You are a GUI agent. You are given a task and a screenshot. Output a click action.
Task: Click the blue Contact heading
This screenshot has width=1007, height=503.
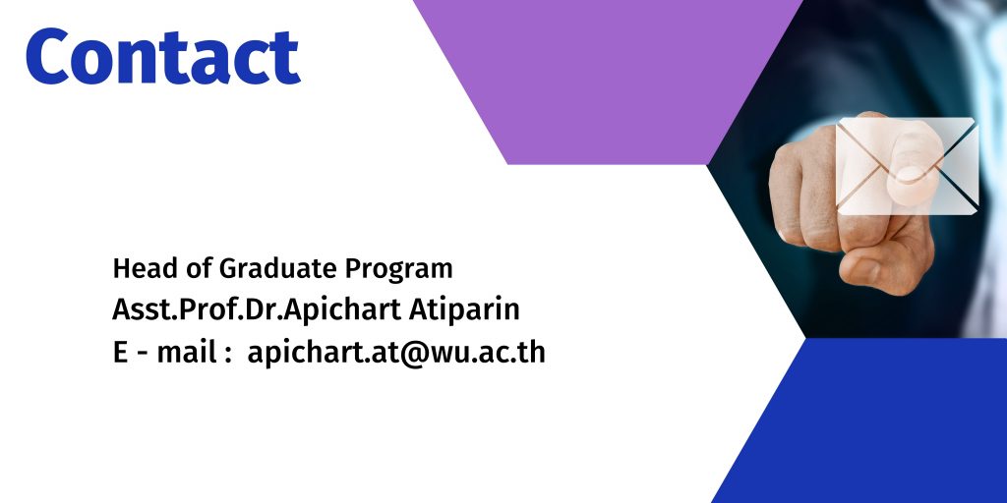[x=163, y=56]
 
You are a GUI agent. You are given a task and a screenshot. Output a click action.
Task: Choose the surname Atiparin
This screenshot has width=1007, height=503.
[x=464, y=309]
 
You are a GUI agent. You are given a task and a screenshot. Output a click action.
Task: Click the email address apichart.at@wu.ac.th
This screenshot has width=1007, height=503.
[x=396, y=353]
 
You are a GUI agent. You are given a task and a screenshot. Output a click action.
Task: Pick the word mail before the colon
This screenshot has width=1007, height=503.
[x=186, y=353]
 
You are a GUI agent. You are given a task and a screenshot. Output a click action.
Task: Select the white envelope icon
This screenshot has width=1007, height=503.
[x=907, y=166]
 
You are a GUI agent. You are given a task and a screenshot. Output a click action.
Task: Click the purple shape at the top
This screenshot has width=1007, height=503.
[x=607, y=83]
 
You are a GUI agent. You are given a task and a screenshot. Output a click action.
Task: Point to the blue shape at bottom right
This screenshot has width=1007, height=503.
[x=859, y=420]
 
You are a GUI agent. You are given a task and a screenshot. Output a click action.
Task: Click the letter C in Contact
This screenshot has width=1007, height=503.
[x=47, y=56]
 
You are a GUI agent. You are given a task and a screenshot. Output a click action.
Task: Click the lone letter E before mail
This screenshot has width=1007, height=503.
[x=120, y=353]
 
